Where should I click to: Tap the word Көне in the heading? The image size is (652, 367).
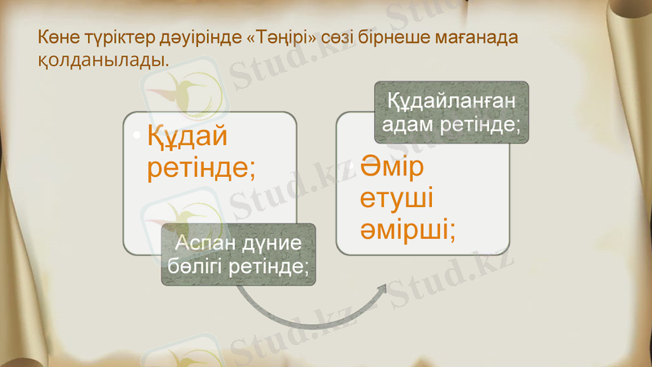(x=58, y=38)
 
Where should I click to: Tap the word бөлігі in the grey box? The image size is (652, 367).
(x=195, y=267)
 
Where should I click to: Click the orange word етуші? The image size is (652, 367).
(x=397, y=199)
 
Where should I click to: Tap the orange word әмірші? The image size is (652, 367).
(x=408, y=230)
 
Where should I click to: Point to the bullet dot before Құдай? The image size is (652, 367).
(x=136, y=132)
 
